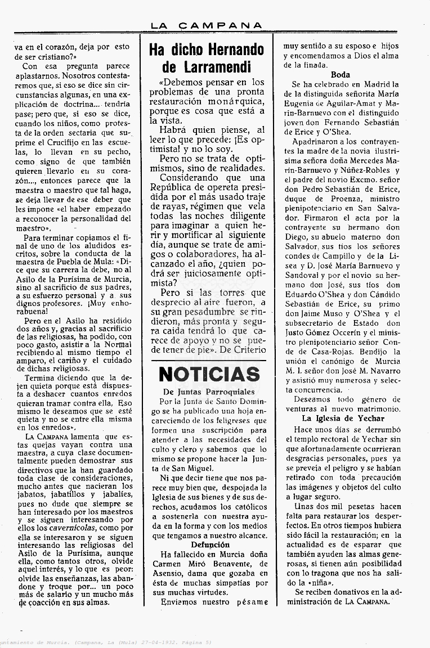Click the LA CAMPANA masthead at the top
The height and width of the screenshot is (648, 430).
tap(207, 25)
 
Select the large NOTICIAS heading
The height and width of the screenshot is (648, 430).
tap(209, 374)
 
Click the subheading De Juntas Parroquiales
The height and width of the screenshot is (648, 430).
tap(209, 391)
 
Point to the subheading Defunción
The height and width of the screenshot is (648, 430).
tap(210, 544)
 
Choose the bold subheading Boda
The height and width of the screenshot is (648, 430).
tap(341, 74)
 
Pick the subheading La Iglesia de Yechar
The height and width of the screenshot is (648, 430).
tap(343, 418)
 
